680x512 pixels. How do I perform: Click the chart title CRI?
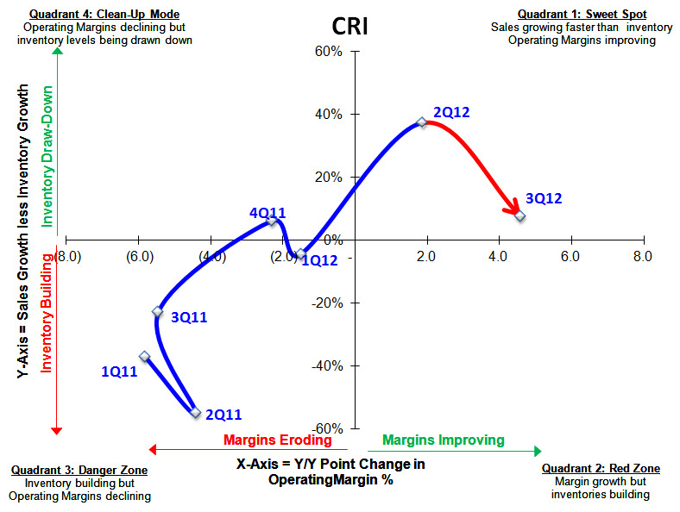(x=350, y=25)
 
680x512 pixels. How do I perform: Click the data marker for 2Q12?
(x=421, y=122)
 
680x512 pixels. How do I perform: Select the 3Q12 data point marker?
(x=520, y=215)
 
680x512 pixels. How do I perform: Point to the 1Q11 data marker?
(x=145, y=356)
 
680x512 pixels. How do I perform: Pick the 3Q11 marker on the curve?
(x=158, y=311)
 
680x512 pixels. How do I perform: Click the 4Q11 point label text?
(x=268, y=212)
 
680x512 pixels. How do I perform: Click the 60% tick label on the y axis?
(x=330, y=52)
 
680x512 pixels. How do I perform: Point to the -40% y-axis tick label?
(x=327, y=366)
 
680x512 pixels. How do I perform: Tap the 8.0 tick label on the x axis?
(x=641, y=256)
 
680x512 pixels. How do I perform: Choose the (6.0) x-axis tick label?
(x=140, y=256)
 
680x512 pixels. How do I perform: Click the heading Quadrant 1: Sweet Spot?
(x=582, y=15)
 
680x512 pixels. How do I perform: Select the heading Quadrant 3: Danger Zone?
(x=79, y=470)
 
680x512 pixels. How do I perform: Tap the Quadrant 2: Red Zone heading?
(x=601, y=468)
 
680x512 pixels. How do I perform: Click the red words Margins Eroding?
(x=277, y=440)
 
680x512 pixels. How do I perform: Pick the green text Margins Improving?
(x=443, y=440)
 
